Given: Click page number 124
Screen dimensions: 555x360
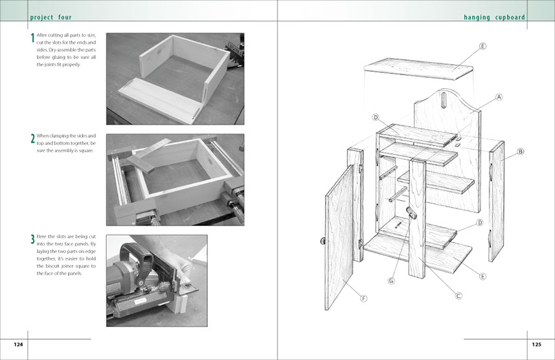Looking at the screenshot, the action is (18, 344).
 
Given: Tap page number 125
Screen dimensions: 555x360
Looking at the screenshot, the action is (537, 344).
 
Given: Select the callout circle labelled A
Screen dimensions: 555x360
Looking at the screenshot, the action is (499, 97).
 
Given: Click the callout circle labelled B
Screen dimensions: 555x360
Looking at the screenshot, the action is (520, 152).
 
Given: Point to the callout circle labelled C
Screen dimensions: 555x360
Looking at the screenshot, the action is (459, 295).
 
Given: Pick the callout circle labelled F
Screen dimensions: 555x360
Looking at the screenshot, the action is (363, 298).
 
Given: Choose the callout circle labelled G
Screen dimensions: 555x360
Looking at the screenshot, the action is (391, 281).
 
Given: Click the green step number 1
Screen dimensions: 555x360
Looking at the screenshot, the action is (32, 38).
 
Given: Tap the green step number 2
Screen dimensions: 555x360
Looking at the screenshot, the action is (32, 139).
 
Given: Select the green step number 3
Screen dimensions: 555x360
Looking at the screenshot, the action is (32, 239).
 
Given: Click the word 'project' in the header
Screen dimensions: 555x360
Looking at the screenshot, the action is (41, 17).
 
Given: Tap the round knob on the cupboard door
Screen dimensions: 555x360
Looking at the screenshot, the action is (323, 241).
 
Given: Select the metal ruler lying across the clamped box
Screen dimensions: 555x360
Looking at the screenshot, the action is (146, 155).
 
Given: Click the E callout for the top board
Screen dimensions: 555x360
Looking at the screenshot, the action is (482, 46).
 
